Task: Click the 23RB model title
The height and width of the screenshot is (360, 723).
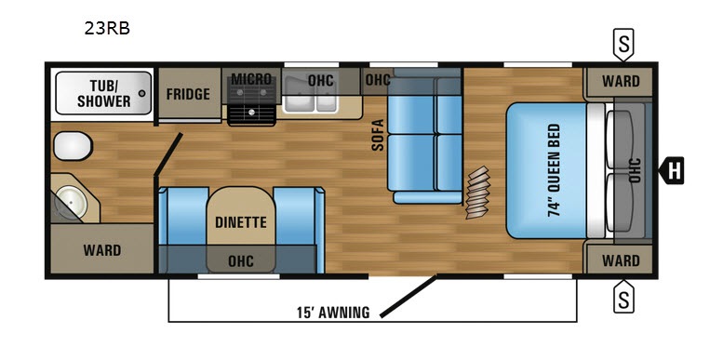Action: (x=107, y=29)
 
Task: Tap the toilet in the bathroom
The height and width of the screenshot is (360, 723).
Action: (x=73, y=146)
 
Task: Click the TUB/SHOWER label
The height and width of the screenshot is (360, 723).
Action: (x=103, y=93)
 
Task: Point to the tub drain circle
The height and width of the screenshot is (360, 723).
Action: (x=142, y=93)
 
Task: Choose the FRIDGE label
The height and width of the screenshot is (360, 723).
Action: (x=188, y=94)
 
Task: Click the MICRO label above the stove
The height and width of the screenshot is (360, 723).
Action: (x=251, y=79)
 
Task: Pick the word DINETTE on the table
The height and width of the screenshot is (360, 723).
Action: (x=241, y=222)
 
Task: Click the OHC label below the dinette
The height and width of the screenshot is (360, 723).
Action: (x=241, y=261)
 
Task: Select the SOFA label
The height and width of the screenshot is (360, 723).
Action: (x=378, y=135)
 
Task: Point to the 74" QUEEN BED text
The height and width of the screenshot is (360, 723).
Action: (x=554, y=170)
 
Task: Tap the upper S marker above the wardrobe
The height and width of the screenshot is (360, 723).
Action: (x=623, y=45)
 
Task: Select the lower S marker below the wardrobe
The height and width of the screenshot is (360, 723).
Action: (x=623, y=296)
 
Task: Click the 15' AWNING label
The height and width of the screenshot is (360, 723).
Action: (x=333, y=313)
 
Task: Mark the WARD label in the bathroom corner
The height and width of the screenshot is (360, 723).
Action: (x=102, y=250)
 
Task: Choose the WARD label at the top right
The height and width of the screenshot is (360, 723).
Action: (x=621, y=82)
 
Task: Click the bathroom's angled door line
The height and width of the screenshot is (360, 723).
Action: (x=168, y=154)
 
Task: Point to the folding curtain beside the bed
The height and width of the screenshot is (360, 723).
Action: (x=476, y=193)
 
